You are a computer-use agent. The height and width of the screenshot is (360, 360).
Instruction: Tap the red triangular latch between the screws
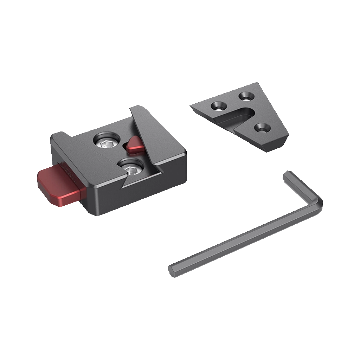click(x=135, y=146)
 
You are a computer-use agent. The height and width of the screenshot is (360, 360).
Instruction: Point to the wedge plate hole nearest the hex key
click(x=262, y=128)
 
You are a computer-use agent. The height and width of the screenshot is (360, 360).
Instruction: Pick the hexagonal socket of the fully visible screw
click(x=105, y=143)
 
